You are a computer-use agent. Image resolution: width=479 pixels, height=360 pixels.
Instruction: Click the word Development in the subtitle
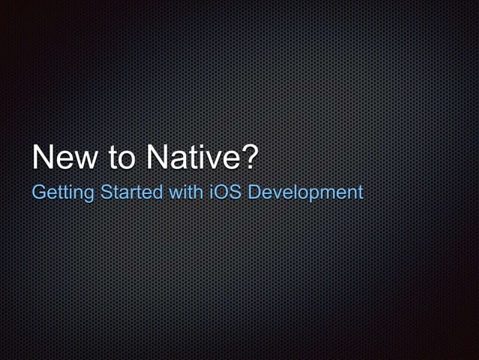pos(306,193)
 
